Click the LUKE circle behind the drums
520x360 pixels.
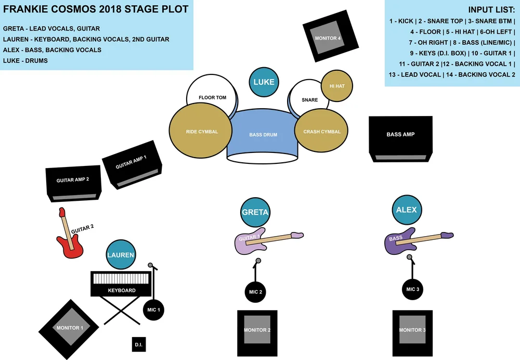264,82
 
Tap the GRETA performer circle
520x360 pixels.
255,212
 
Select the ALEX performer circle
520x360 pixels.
407,210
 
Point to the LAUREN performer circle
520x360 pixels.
121,255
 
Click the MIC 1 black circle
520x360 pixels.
154,310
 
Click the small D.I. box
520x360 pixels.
139,344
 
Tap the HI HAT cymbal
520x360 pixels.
337,86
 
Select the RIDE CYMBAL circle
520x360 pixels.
202,132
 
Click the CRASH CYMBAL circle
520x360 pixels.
322,132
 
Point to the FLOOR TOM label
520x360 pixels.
212,97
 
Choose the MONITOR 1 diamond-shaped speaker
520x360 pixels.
69,328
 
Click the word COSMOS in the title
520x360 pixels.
90,10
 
